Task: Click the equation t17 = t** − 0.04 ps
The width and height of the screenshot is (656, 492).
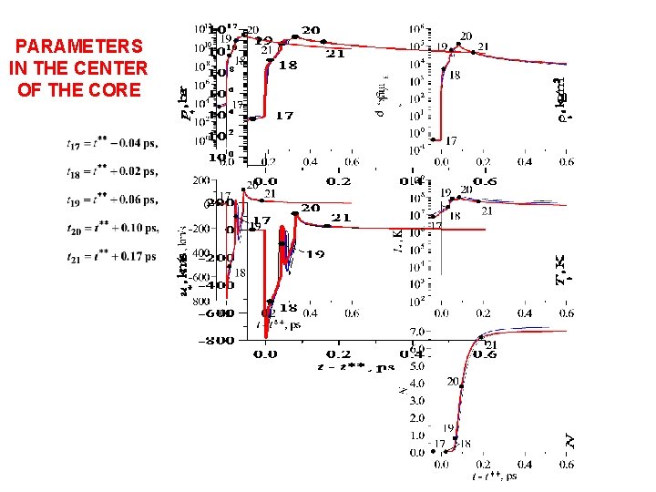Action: click(111, 143)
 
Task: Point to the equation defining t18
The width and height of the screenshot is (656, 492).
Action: click(111, 170)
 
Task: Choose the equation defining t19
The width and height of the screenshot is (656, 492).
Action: click(111, 199)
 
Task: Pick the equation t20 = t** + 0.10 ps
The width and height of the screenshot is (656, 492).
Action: click(111, 227)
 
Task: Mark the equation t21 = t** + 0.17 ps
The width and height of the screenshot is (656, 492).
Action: click(111, 256)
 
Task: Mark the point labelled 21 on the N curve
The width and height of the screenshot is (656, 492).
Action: click(482, 338)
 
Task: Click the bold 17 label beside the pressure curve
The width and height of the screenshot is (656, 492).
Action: click(283, 116)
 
